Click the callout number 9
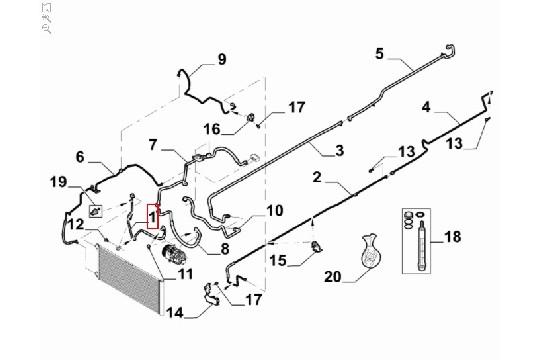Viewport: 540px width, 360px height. tap(222, 59)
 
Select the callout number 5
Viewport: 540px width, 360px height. tap(379, 54)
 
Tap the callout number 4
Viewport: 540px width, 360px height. tap(426, 107)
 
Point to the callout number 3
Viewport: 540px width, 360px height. tap(340, 151)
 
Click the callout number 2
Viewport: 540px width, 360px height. tap(317, 177)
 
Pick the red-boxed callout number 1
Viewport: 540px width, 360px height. tap(152, 217)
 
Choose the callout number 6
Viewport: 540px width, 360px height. tap(80, 157)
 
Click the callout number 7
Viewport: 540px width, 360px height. tap(153, 145)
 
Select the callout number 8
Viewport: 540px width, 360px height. tap(225, 248)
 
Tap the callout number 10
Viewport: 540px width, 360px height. tap(274, 210)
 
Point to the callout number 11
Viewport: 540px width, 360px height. tap(185, 274)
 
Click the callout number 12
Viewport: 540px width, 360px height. tap(76, 224)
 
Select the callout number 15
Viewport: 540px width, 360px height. tap(278, 260)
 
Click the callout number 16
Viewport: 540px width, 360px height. tap(212, 130)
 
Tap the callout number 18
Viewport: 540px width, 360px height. tap(453, 237)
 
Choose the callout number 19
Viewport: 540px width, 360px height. tap(58, 182)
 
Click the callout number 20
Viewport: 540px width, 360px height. tap(333, 276)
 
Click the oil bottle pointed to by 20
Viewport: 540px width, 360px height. tap(370, 250)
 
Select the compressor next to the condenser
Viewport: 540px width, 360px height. tap(175, 254)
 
